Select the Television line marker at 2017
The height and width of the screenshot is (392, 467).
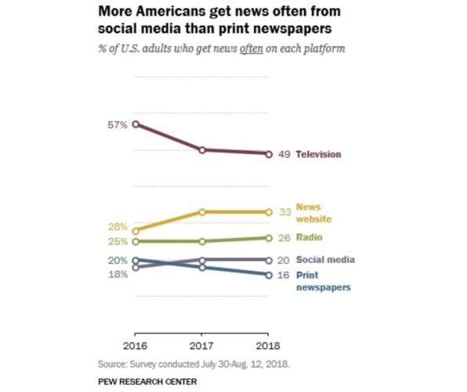click(x=202, y=149)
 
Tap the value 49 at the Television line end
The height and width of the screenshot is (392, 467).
click(x=284, y=155)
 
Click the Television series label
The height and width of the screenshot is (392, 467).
click(x=318, y=155)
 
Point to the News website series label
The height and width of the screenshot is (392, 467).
click(x=308, y=213)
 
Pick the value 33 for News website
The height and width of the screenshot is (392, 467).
click(x=284, y=212)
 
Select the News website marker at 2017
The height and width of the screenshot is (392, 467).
click(x=202, y=212)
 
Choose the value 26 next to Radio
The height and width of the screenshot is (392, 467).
click(x=284, y=238)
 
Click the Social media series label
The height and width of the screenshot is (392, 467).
click(x=325, y=260)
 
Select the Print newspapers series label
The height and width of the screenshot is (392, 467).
click(x=322, y=281)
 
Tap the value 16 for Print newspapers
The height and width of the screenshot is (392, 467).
click(x=284, y=275)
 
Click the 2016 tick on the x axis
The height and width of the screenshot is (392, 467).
click(x=136, y=344)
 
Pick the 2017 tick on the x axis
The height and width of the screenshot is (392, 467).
click(x=202, y=344)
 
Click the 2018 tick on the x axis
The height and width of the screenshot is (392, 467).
click(x=269, y=344)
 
